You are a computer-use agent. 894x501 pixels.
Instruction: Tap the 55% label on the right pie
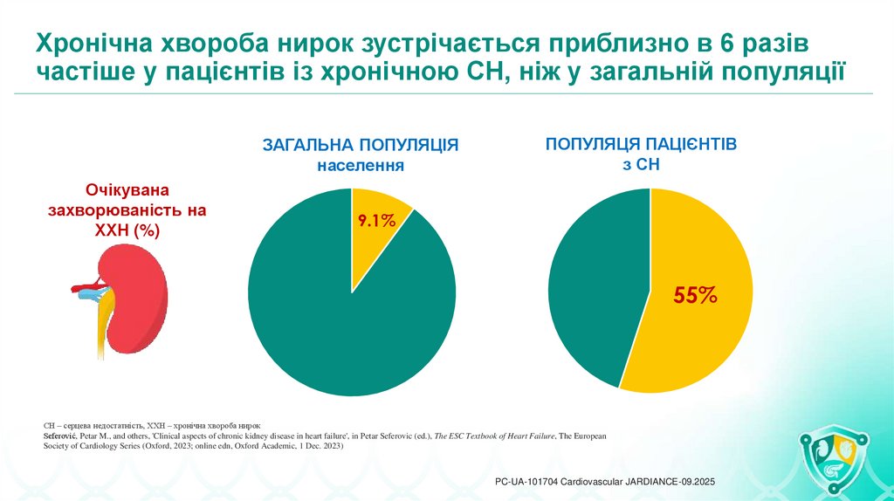[x=694, y=295]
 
